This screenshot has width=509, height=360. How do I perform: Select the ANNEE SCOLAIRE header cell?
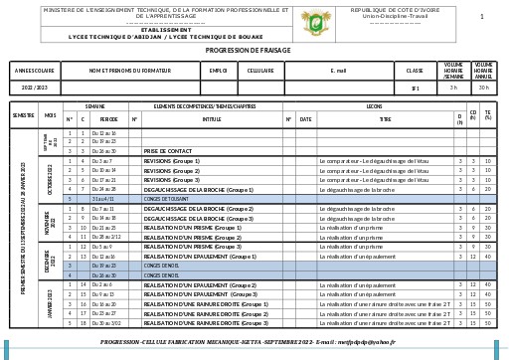[x=36, y=71]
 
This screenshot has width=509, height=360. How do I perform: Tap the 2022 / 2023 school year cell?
[x=36, y=88]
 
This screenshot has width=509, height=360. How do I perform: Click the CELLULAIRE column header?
[x=260, y=71]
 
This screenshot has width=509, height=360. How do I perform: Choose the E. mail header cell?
[x=338, y=71]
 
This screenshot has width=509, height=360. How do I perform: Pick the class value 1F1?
[x=415, y=88]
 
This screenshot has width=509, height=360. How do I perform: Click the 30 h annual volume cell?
[x=483, y=88]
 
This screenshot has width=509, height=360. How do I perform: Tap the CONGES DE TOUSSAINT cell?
[x=166, y=198]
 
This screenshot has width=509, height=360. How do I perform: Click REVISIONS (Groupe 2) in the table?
[x=172, y=170]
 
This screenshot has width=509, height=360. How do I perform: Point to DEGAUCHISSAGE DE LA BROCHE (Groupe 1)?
[x=198, y=189]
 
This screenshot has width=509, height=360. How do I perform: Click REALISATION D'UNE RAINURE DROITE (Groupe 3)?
[x=205, y=323]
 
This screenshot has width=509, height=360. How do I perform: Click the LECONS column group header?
[x=374, y=105]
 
